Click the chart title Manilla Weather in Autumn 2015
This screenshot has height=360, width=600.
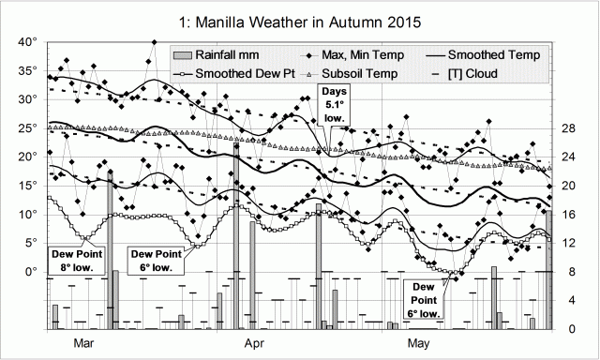click(299, 19)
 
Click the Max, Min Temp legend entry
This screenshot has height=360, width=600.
click(361, 55)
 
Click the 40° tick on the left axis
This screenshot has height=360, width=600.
click(27, 42)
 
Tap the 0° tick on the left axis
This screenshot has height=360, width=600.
click(30, 271)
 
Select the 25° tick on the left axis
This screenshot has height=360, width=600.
click(27, 128)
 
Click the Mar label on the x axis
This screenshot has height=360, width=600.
click(84, 344)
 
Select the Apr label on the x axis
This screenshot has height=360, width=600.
click(253, 344)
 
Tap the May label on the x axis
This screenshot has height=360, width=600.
click(419, 344)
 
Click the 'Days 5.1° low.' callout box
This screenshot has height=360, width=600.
click(335, 103)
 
